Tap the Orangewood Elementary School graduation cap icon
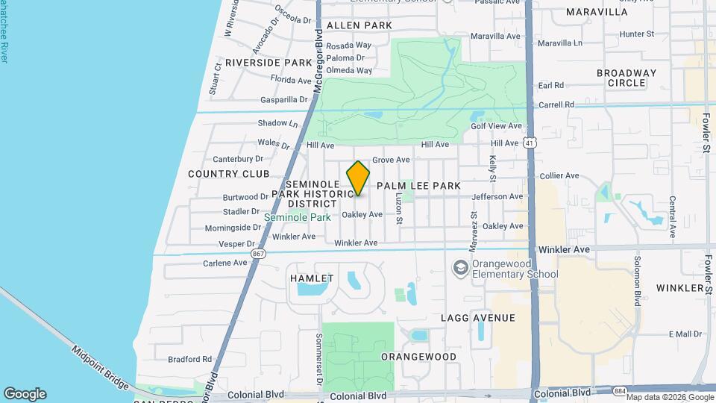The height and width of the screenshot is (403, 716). (461, 267)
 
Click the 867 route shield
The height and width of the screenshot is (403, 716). (258, 254)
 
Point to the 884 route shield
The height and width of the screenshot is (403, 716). (600, 391)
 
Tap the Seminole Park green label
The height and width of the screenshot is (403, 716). (298, 218)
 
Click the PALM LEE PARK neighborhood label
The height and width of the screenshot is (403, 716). (418, 185)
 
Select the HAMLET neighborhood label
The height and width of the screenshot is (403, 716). (312, 278)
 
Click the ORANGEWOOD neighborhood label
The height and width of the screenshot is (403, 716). (418, 357)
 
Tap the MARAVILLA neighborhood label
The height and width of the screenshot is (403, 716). (597, 12)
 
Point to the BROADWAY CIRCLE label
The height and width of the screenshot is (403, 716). (626, 78)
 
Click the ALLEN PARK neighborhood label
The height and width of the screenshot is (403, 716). (359, 25)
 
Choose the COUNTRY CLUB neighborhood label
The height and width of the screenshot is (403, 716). (228, 174)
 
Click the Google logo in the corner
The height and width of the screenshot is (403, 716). (25, 394)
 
